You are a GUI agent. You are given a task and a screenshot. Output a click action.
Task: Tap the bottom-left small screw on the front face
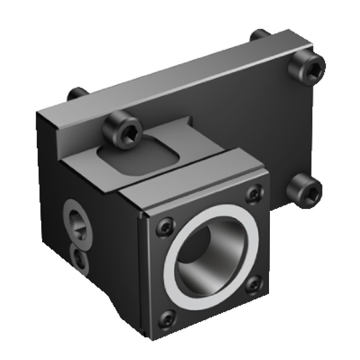click(x=168, y=320)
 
